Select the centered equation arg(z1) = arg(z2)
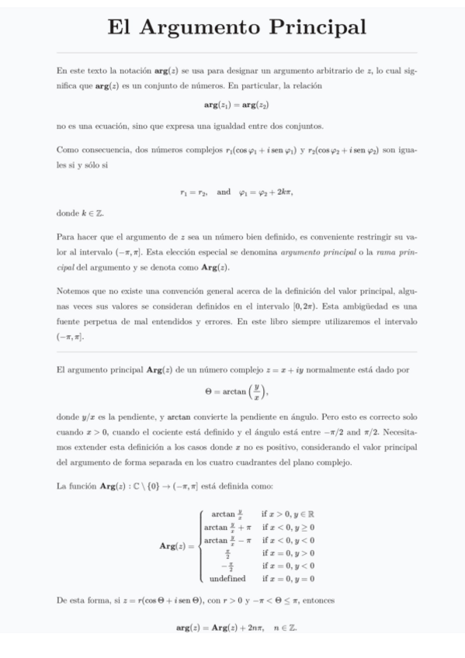tap(232, 103)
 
